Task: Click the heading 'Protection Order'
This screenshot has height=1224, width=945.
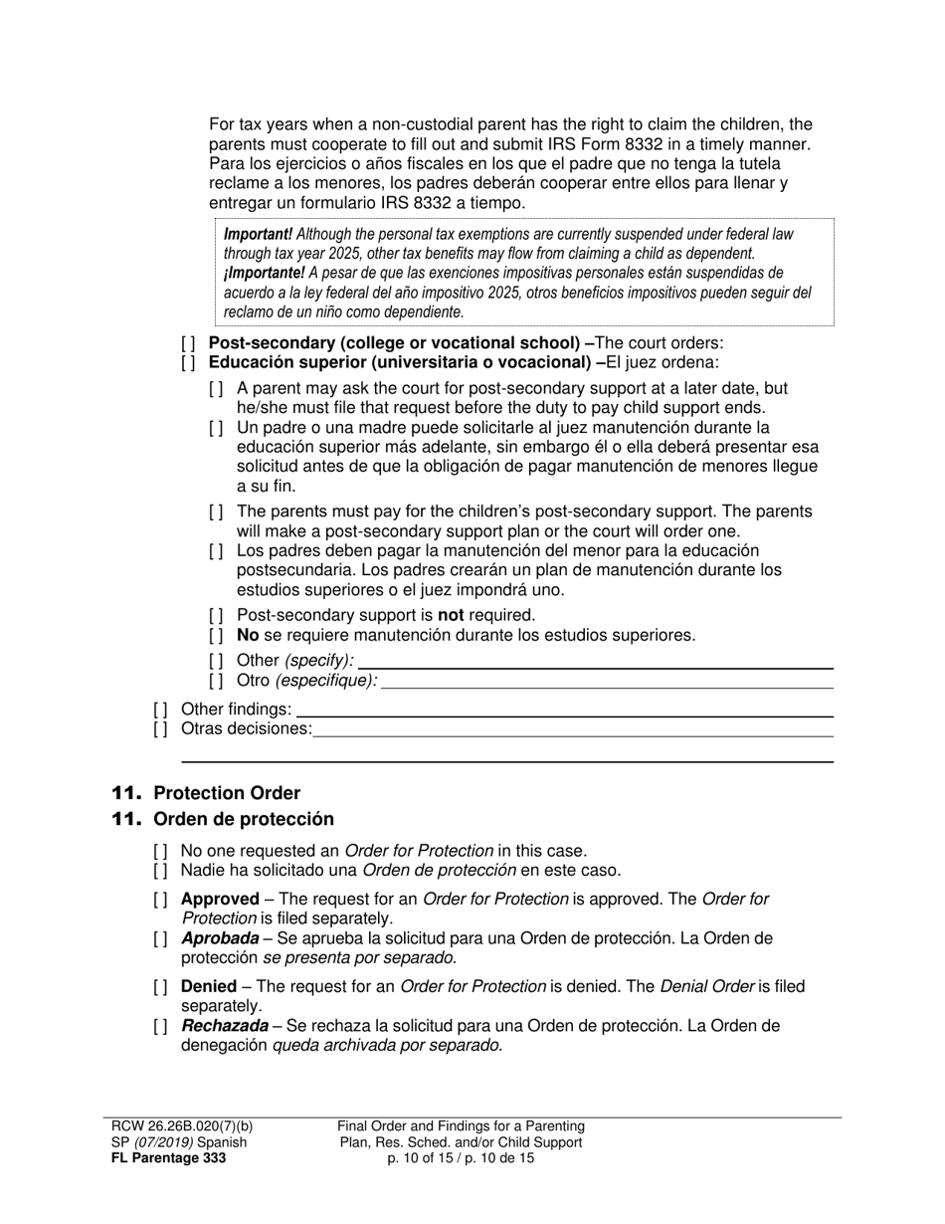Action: [226, 793]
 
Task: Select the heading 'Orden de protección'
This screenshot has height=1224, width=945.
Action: [243, 819]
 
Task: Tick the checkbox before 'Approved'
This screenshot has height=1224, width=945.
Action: [160, 900]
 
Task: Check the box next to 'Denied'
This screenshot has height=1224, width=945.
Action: [160, 987]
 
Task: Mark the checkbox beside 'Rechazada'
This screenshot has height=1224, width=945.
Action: [160, 1026]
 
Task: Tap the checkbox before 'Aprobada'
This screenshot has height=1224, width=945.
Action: [160, 938]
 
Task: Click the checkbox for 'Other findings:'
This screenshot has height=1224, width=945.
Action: [160, 710]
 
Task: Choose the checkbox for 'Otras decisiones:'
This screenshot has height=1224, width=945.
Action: [160, 729]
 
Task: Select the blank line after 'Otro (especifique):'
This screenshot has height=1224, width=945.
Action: [607, 683]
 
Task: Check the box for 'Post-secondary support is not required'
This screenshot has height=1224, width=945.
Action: [216, 615]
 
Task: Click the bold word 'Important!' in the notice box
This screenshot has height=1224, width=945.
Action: [258, 235]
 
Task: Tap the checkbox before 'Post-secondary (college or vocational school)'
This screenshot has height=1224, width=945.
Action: [188, 343]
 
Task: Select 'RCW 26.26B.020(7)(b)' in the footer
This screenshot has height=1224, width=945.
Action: [182, 1126]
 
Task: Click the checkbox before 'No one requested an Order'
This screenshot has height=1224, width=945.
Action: [160, 851]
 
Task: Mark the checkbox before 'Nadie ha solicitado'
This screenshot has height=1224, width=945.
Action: [160, 871]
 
